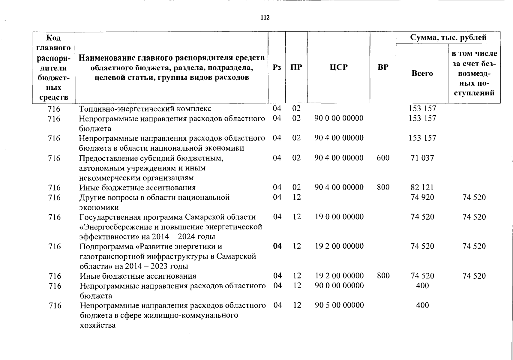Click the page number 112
265,18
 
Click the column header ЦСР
338,67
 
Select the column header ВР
383,67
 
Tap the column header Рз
277,67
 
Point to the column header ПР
296,67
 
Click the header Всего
422,73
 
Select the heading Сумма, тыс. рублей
448,38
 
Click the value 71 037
422,158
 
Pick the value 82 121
422,187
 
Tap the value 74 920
422,197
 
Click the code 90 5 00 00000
339,305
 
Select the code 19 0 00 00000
339,217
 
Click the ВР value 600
383,158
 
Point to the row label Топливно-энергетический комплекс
145,109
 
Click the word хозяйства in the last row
97,325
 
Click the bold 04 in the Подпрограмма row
277,246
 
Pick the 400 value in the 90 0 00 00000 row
422,286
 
